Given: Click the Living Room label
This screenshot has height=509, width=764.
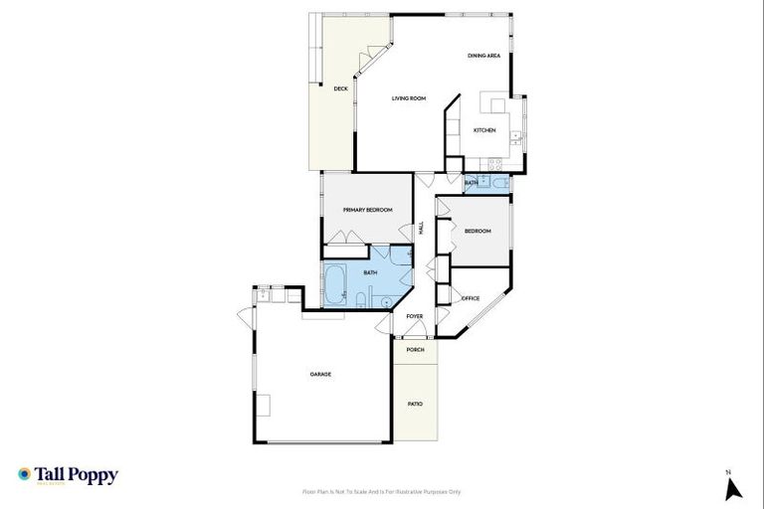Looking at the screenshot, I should pyautogui.click(x=409, y=97).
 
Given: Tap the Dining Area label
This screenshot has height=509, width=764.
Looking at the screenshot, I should pyautogui.click(x=483, y=56).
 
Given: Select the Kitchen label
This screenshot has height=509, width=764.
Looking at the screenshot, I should pyautogui.click(x=484, y=130).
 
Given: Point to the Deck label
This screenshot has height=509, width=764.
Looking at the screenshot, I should pyautogui.click(x=340, y=88).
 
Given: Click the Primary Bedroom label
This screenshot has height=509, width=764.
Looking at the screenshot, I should pyautogui.click(x=367, y=210).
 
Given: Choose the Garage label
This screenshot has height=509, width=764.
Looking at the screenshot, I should pyautogui.click(x=320, y=374).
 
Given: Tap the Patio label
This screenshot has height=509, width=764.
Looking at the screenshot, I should pyautogui.click(x=415, y=404).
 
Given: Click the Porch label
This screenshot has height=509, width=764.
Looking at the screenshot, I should pyautogui.click(x=415, y=350).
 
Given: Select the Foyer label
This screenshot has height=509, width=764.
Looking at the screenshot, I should pyautogui.click(x=415, y=316).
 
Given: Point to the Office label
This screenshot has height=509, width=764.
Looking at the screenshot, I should pyautogui.click(x=471, y=298).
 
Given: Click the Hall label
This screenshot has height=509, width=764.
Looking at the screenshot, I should pyautogui.click(x=422, y=228).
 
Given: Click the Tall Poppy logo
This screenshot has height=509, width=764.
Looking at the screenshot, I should pyautogui.click(x=68, y=475).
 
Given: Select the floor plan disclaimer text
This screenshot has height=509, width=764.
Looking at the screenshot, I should pyautogui.click(x=382, y=491).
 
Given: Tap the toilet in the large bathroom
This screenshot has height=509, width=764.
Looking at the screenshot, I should pyautogui.click(x=385, y=301).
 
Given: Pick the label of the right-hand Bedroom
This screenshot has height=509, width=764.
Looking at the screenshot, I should pyautogui.click(x=478, y=231).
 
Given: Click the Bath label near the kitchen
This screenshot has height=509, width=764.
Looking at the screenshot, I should pyautogui.click(x=472, y=183).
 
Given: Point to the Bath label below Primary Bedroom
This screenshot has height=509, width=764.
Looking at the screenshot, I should pyautogui.click(x=370, y=272).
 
